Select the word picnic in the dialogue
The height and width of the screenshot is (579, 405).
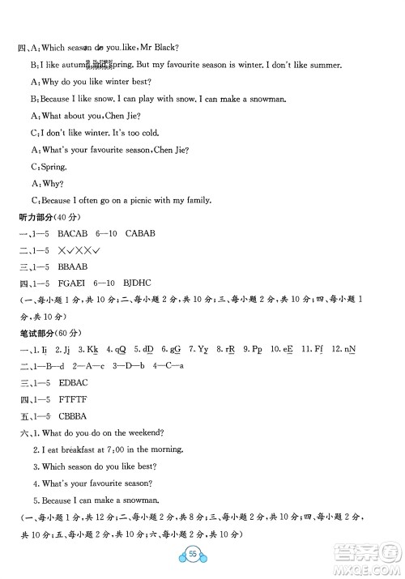pyautogui.click(x=138, y=201)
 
